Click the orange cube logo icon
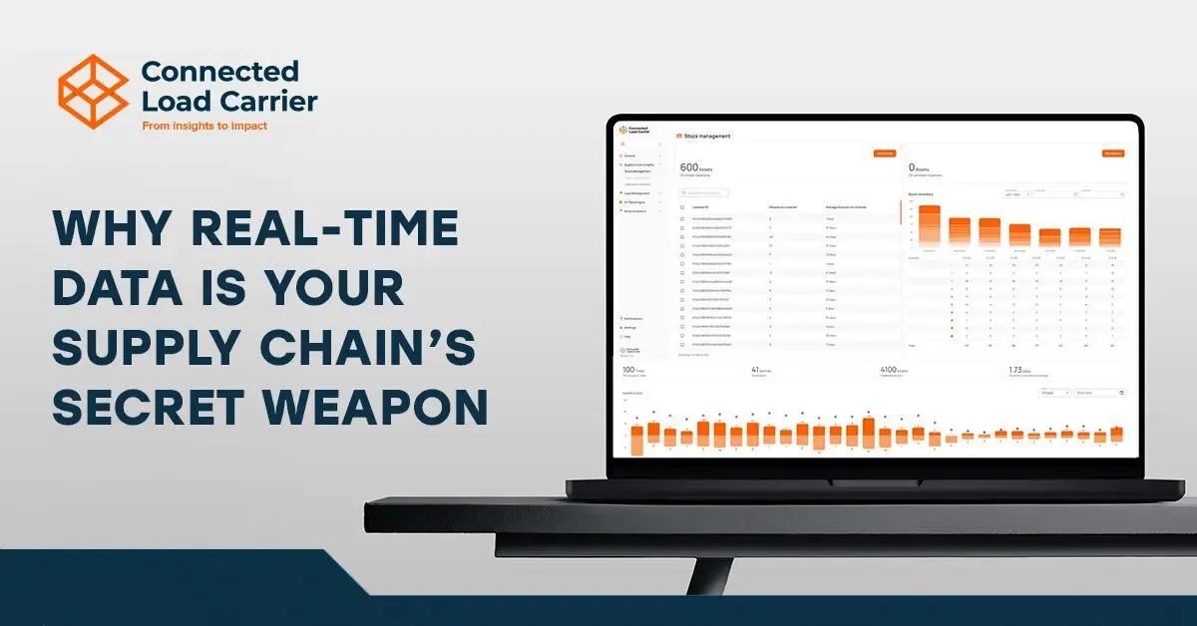tap(93, 92)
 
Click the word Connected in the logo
tap(219, 72)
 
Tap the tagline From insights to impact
tap(204, 126)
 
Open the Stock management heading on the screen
tap(704, 136)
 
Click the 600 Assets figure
tap(691, 167)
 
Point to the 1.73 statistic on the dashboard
tap(1018, 370)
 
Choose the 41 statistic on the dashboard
tap(756, 370)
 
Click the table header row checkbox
tap(681, 207)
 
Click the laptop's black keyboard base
tap(878, 487)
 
